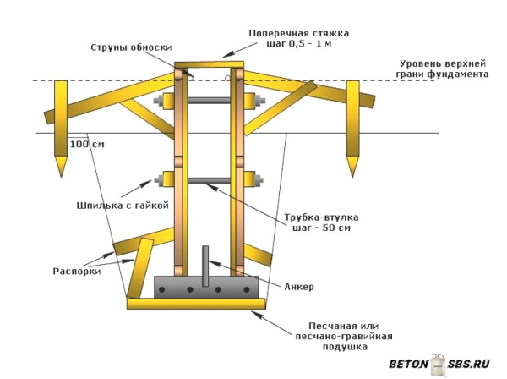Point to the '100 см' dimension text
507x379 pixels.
pyautogui.click(x=88, y=144)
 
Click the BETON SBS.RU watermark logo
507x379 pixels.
pyautogui.click(x=439, y=365)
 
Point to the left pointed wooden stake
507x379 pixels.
pyautogui.click(x=61, y=127)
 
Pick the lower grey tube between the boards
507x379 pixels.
pyautogui.click(x=209, y=180)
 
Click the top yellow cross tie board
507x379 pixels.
pyautogui.click(x=209, y=64)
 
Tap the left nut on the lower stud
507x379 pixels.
pyautogui.click(x=160, y=180)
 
